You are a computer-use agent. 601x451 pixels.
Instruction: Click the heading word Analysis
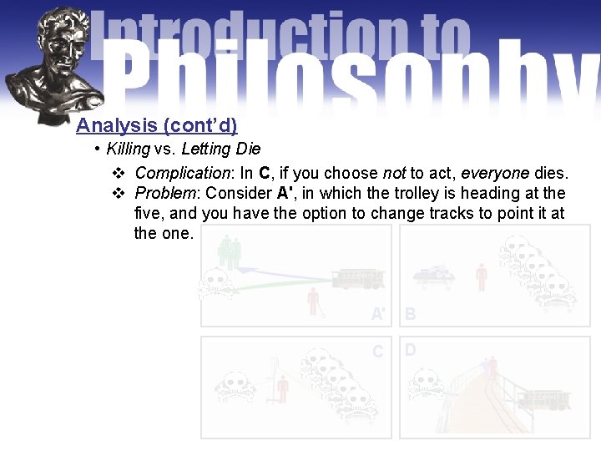click(117, 125)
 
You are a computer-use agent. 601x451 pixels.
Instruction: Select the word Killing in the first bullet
click(128, 149)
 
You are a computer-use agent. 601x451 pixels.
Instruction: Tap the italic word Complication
click(182, 173)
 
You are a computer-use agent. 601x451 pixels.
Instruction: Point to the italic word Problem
click(166, 193)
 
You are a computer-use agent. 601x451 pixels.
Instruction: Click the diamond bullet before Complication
click(118, 174)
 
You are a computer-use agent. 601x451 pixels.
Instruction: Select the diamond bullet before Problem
click(118, 194)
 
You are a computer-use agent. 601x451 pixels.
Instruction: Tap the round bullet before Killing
click(98, 149)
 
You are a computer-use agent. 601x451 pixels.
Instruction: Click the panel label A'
click(379, 314)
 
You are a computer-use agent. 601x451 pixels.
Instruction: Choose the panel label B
click(410, 314)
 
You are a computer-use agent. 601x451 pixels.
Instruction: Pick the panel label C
click(378, 352)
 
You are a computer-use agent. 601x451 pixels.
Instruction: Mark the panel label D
click(410, 350)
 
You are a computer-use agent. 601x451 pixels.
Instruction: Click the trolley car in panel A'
click(358, 279)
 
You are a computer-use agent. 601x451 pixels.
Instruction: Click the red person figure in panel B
click(481, 276)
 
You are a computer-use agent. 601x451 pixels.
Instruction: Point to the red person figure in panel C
click(282, 388)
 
